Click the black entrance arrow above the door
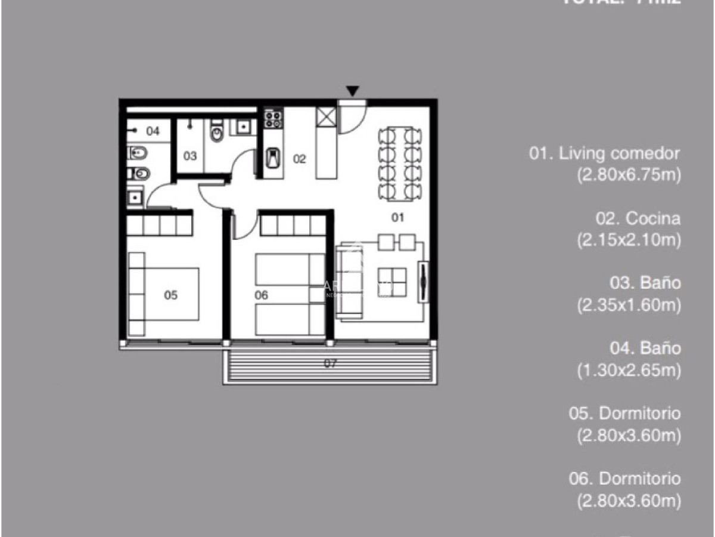coord(353,91)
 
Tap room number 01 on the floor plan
coord(397,217)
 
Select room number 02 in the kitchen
coord(299,159)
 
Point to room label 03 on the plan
coord(189,156)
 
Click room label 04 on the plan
coord(153,131)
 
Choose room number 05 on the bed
coord(171,295)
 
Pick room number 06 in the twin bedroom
coord(261,295)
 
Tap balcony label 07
coord(330,363)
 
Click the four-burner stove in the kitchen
coord(273,118)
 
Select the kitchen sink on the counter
coord(273,159)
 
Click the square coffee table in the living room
coord(392,282)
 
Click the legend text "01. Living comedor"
coord(604,153)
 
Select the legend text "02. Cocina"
coord(638,218)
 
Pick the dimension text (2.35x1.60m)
coord(628,305)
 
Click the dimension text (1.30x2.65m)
coord(628,371)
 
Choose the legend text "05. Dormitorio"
coord(624,413)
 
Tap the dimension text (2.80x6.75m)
coord(628,175)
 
